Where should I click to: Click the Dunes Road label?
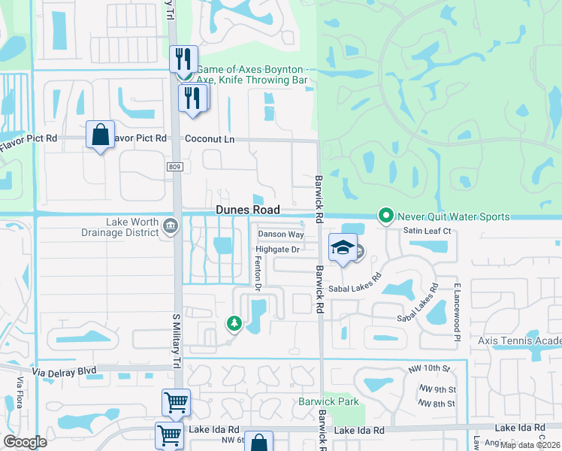[x=248, y=210]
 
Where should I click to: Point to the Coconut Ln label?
[x=210, y=139]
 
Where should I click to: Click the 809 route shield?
[x=174, y=166]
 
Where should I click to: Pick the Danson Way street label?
[x=281, y=235]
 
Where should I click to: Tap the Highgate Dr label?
[x=278, y=249]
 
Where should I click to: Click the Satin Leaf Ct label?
[x=427, y=231]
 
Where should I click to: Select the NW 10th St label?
[x=428, y=369]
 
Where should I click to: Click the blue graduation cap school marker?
[x=343, y=247]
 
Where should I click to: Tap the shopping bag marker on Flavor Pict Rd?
[x=100, y=135]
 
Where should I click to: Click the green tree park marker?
[x=233, y=324]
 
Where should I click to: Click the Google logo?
[x=25, y=442]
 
